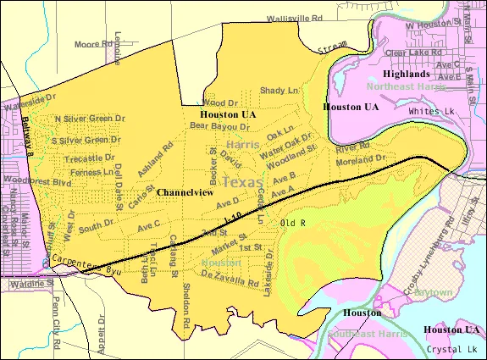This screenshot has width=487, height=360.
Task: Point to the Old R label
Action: point(292,224)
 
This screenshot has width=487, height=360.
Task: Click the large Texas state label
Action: point(242,182)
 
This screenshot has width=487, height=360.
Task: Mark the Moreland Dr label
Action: point(361,158)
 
